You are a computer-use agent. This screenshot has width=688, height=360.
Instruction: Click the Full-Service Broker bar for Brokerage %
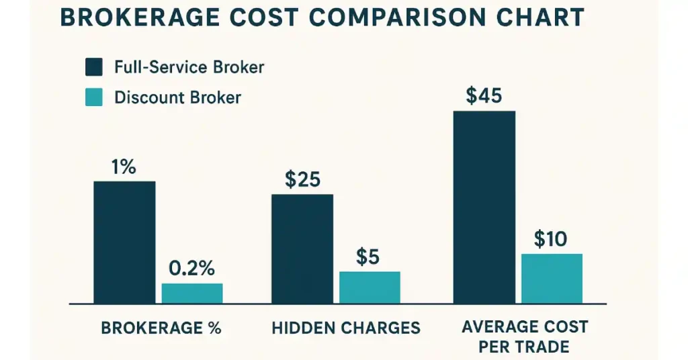[x=124, y=242]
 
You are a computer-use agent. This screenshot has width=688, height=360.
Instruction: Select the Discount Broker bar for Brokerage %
[x=191, y=293]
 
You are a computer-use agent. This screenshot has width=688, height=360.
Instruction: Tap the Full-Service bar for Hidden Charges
[x=302, y=249]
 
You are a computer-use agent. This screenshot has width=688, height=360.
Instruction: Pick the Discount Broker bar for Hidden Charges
[x=370, y=287]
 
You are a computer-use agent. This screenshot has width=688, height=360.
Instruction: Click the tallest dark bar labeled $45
[x=484, y=207]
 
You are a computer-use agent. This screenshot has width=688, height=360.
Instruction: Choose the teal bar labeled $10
[x=552, y=278]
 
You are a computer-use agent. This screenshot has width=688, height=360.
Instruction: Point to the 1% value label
[x=124, y=167]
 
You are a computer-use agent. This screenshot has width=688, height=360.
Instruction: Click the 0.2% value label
[x=191, y=269]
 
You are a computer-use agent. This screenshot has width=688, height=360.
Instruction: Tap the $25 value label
[x=302, y=179]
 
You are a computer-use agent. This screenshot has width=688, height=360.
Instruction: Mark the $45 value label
[x=484, y=96]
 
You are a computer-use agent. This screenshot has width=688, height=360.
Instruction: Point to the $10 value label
[x=551, y=239]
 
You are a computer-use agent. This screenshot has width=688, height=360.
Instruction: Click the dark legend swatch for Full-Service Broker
[x=94, y=67]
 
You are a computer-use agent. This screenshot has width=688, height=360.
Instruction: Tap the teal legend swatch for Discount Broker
[x=94, y=98]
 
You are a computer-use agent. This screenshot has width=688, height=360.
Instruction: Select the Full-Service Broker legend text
[x=189, y=67]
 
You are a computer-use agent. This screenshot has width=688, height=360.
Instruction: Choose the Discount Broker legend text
[x=177, y=98]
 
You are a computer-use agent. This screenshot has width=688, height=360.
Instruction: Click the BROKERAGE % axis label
[x=161, y=328]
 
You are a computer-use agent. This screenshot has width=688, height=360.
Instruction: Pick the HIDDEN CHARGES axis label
[x=346, y=328]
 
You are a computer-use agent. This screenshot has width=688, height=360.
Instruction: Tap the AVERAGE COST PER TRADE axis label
[x=525, y=337]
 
